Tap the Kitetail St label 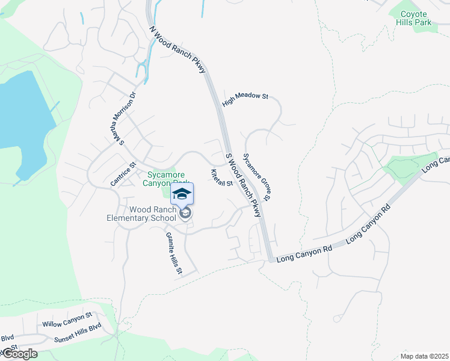click(x=221, y=178)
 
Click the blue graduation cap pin click(x=182, y=194)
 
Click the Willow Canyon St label click(x=67, y=319)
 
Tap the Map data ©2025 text click(x=424, y=356)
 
